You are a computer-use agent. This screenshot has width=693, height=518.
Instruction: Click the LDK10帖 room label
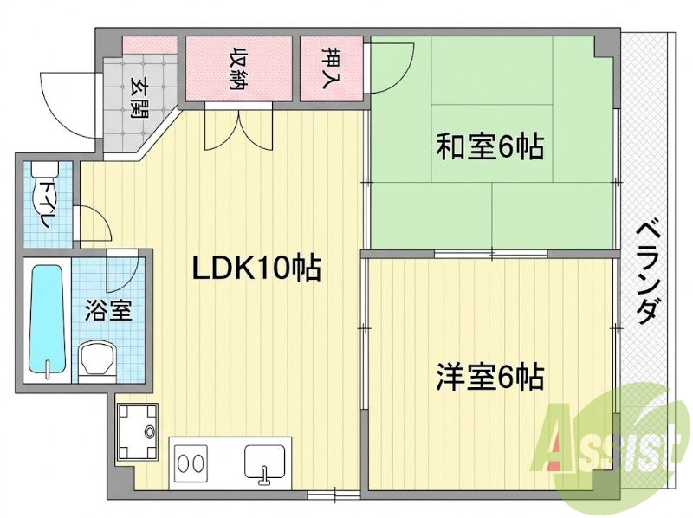[256, 268]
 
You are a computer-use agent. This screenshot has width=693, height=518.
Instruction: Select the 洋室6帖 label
[489, 377]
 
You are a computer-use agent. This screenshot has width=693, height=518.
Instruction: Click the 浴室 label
[109, 309]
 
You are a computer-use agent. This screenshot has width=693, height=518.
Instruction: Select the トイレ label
[46, 202]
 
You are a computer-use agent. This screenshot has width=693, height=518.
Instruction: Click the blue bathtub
[46, 319]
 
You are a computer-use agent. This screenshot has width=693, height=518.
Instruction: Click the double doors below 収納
[239, 129]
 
